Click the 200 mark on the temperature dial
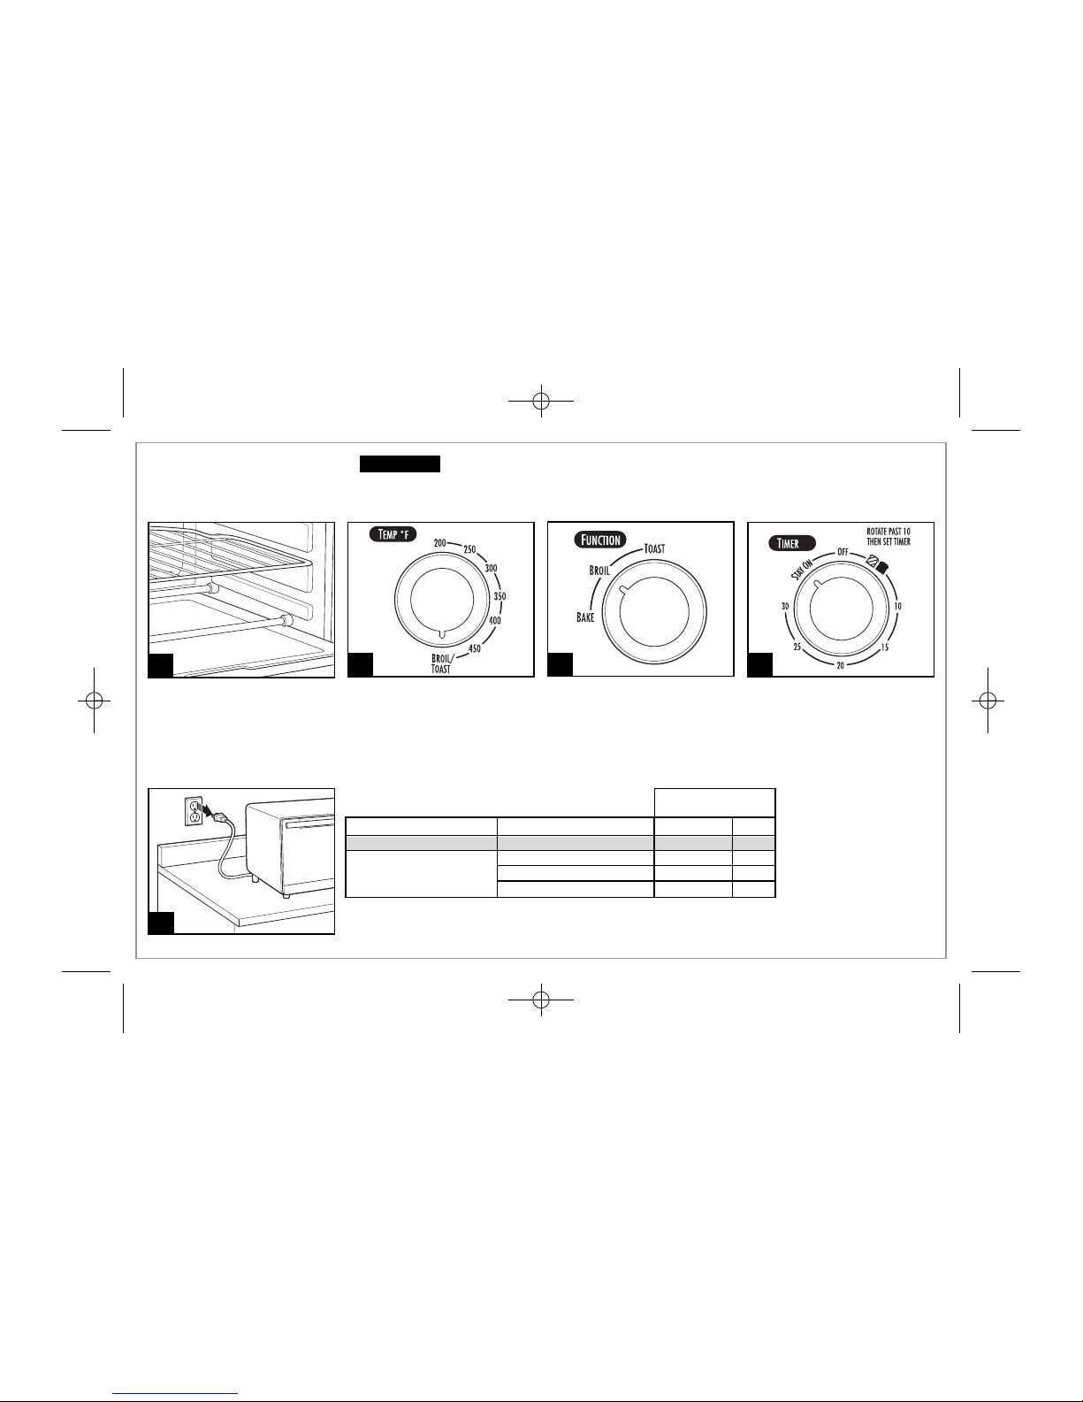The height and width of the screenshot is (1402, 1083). coord(439,543)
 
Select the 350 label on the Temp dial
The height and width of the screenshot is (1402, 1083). coord(500,596)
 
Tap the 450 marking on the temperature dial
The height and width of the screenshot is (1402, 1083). coord(475,648)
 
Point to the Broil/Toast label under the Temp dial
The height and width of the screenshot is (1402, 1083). coord(442,664)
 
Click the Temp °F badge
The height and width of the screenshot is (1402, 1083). coord(393,534)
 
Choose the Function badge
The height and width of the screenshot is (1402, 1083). coord(600,540)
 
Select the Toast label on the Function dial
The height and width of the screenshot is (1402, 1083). coord(654,548)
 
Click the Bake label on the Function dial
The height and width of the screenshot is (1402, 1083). coord(585,617)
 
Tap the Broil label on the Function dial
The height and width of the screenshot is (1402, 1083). coord(599,571)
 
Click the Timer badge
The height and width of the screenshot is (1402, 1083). coord(791,543)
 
